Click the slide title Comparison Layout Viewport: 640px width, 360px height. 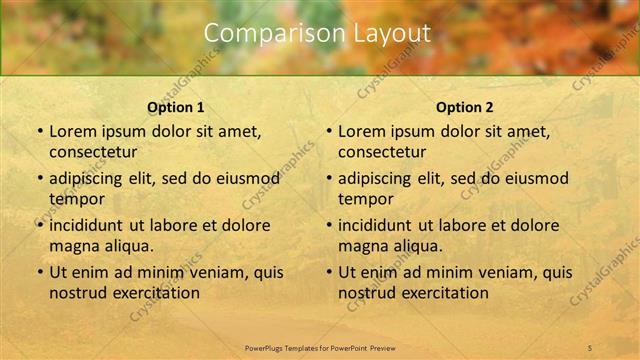[x=317, y=33]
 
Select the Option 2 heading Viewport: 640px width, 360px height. [x=464, y=107]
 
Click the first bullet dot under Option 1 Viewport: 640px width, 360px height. [x=40, y=131]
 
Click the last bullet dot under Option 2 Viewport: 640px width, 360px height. [x=329, y=272]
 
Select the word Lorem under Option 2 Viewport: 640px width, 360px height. [x=360, y=131]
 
